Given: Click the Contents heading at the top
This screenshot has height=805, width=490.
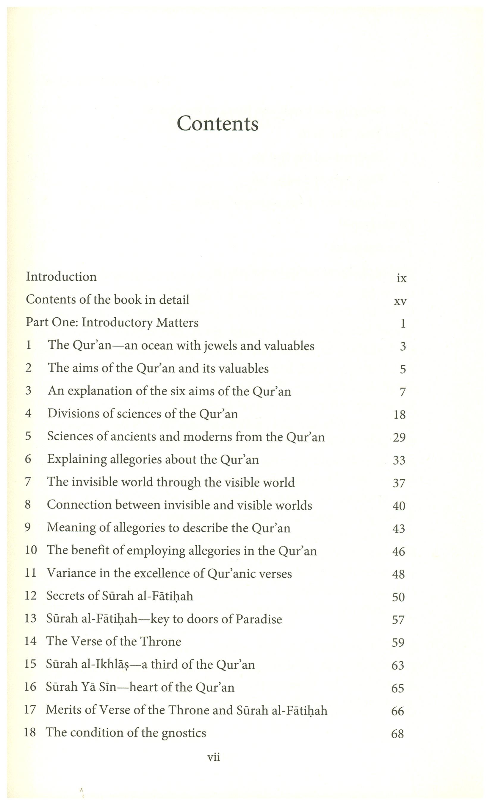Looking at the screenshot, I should (217, 124).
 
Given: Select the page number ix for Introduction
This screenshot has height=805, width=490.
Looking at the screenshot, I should (402, 278).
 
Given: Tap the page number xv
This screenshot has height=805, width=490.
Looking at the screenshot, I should (400, 301).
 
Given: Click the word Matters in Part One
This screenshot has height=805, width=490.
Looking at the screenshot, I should (177, 323).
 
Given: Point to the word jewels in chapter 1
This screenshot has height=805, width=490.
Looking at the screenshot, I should (220, 346).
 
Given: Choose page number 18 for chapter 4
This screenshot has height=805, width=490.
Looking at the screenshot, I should (400, 415).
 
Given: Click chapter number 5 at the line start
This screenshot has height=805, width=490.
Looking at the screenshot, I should (28, 436).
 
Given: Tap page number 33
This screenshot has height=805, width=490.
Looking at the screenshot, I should (399, 460).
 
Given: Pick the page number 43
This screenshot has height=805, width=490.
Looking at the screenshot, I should (399, 528).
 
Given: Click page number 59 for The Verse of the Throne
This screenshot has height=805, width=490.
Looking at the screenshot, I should (398, 642).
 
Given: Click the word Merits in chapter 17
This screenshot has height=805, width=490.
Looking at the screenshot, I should (64, 710).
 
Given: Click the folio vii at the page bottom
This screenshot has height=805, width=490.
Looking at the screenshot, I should (214, 757).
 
